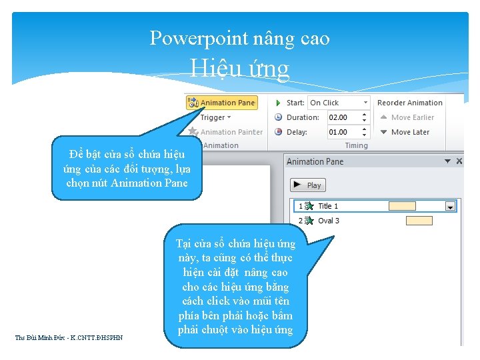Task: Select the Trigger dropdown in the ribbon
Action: [x=215, y=117]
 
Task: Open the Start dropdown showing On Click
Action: [x=339, y=103]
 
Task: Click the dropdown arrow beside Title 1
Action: [x=451, y=207]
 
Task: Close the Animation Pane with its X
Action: [x=457, y=161]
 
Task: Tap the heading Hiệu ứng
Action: [x=239, y=68]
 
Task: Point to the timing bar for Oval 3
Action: [x=419, y=221]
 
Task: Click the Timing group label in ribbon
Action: [x=356, y=145]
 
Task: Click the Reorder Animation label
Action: [x=409, y=103]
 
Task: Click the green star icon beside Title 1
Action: [x=309, y=206]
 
